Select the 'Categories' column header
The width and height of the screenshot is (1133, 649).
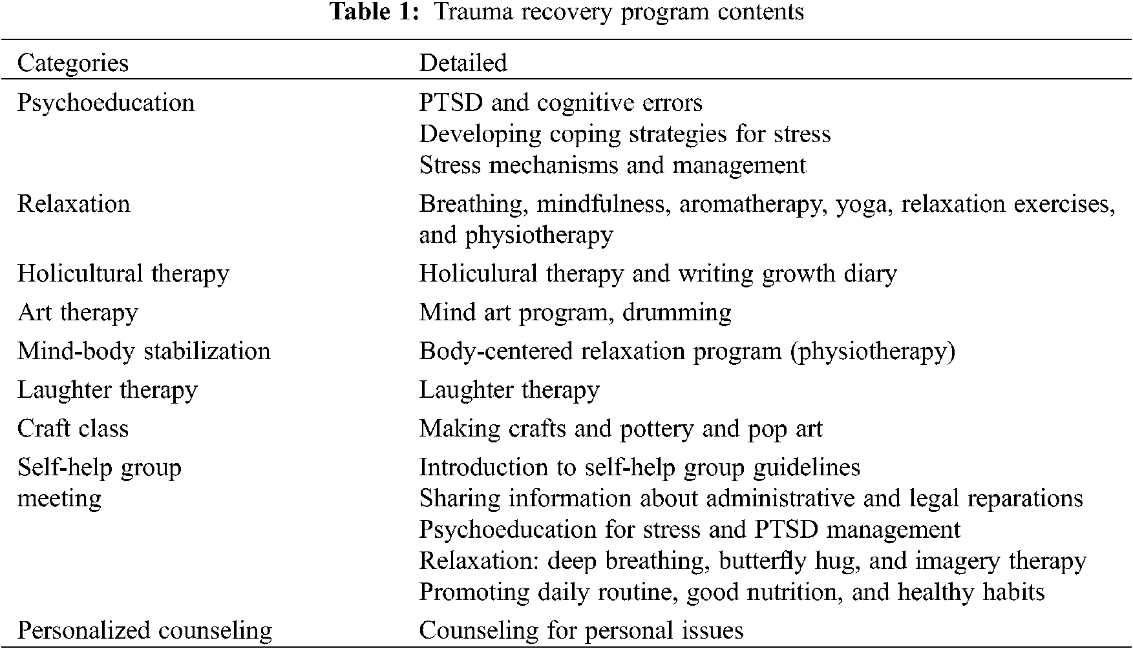pyautogui.click(x=73, y=63)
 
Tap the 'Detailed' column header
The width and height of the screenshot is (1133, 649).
pyautogui.click(x=463, y=63)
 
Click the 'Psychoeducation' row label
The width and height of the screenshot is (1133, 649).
pyautogui.click(x=106, y=103)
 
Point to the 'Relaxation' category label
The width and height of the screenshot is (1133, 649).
pyautogui.click(x=74, y=203)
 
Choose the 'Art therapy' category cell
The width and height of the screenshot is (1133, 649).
pyautogui.click(x=78, y=313)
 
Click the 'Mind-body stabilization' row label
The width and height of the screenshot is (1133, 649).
pyautogui.click(x=143, y=351)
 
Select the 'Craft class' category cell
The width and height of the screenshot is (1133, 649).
pyautogui.click(x=73, y=429)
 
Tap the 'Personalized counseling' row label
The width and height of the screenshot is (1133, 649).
pyautogui.click(x=145, y=630)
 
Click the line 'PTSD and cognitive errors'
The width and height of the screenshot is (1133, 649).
pyautogui.click(x=560, y=103)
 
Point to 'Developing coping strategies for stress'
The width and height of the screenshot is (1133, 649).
pyautogui.click(x=624, y=134)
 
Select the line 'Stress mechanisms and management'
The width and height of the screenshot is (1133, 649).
pyautogui.click(x=613, y=165)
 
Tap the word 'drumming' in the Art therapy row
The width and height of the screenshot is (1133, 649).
pyautogui.click(x=677, y=313)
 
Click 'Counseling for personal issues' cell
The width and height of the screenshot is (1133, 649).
pyautogui.click(x=581, y=630)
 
